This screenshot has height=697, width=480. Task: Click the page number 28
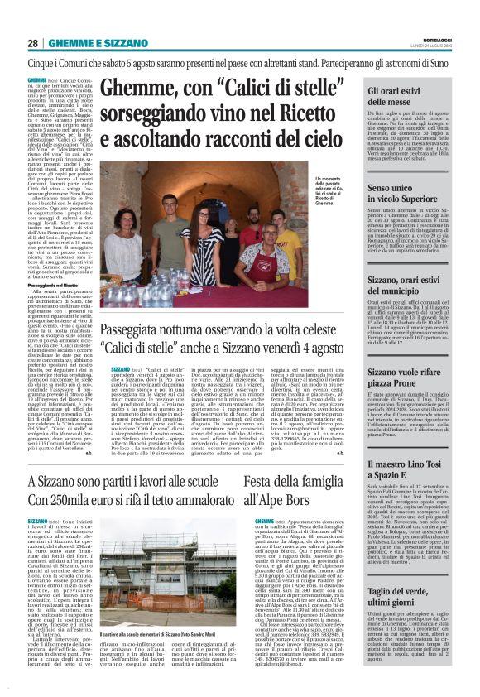coord(33,42)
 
